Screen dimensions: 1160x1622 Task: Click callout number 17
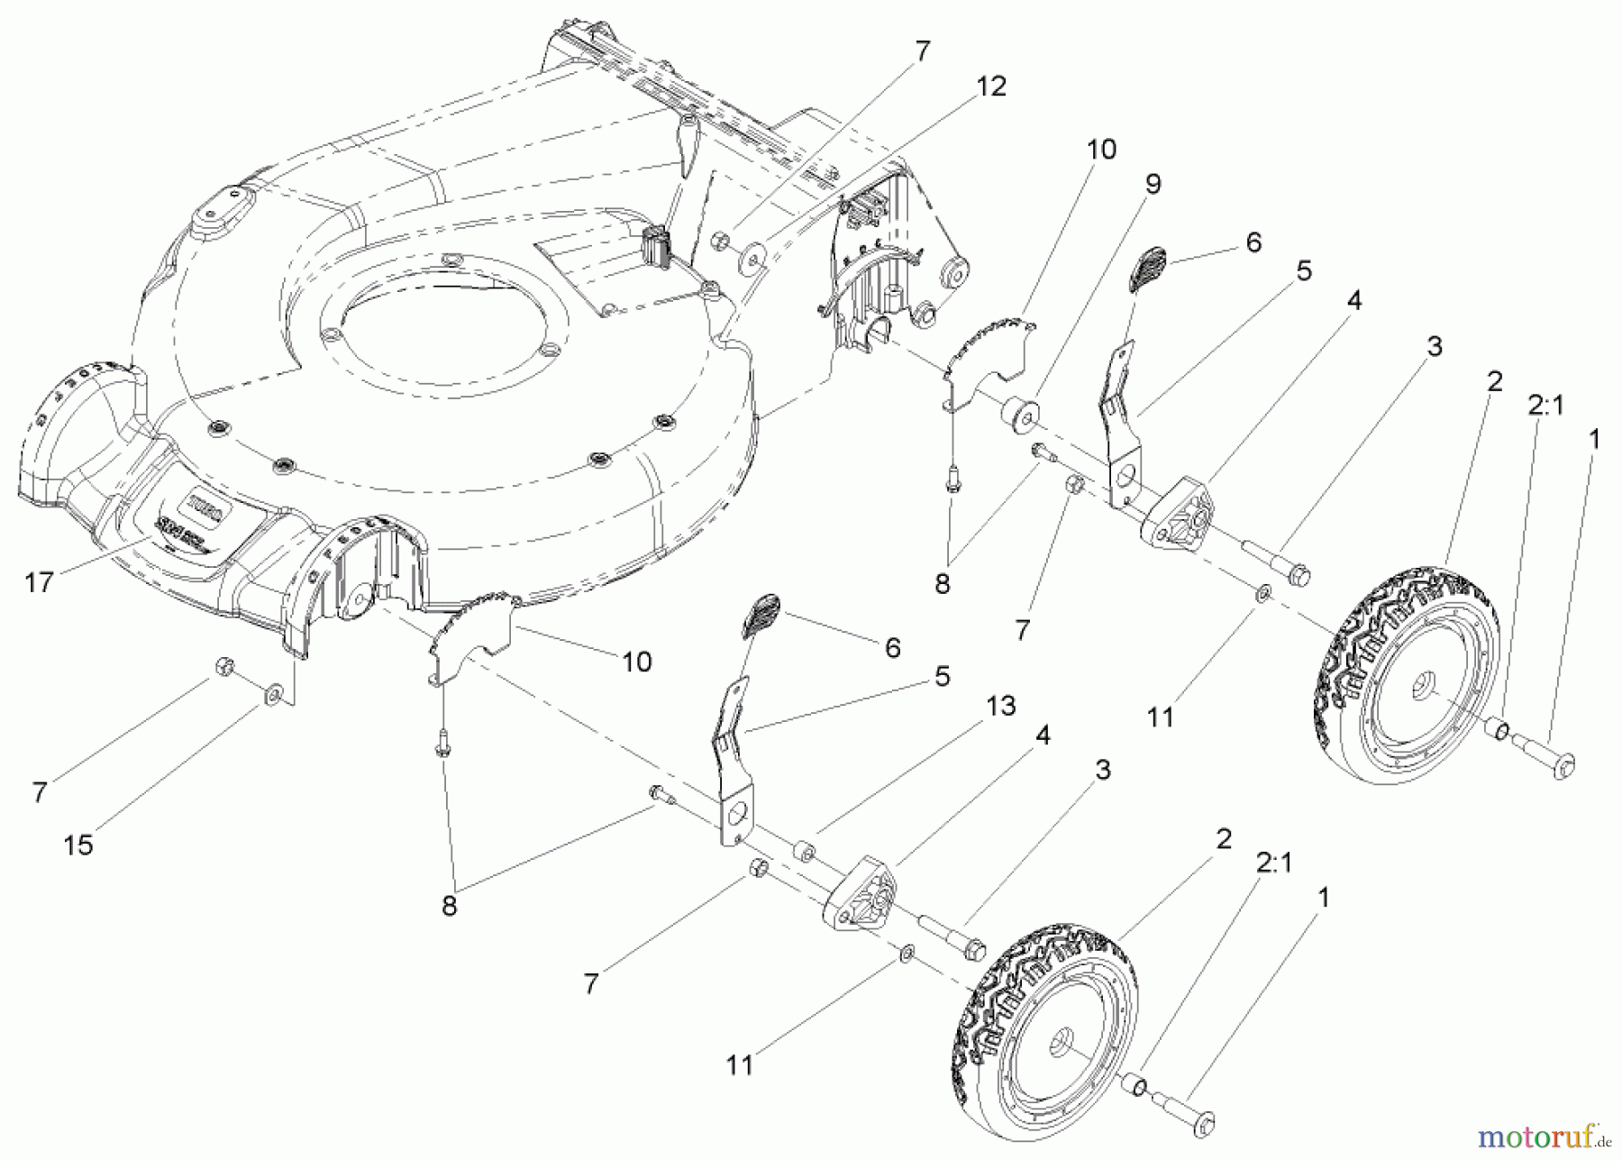(39, 583)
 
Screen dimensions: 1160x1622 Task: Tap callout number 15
(78, 845)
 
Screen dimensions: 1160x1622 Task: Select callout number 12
(990, 87)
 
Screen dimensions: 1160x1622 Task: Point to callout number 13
(1001, 706)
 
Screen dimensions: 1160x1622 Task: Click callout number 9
(1153, 185)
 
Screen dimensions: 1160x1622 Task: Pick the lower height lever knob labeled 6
(761, 616)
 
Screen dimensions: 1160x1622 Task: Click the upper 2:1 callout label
(1545, 406)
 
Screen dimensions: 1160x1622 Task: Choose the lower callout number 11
(739, 1065)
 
